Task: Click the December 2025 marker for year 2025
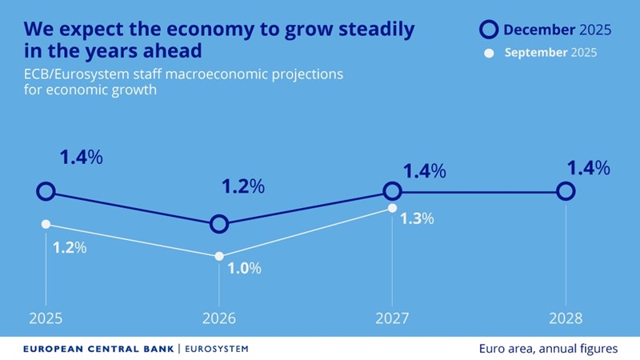click(46, 191)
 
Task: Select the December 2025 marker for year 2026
click(219, 224)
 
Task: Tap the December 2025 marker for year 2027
click(392, 191)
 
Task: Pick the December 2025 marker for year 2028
click(566, 191)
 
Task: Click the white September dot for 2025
click(46, 224)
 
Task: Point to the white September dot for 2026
click(219, 257)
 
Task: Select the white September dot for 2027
click(392, 208)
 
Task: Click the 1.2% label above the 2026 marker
click(242, 187)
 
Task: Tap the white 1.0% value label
click(245, 269)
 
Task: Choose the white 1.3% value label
click(417, 218)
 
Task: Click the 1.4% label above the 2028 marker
click(588, 168)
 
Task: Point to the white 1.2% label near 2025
click(70, 247)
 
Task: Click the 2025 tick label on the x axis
click(46, 318)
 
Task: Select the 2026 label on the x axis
click(219, 318)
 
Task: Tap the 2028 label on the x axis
click(566, 318)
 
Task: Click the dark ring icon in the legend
click(488, 30)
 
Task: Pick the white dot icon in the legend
click(488, 54)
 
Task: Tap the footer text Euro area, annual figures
click(548, 349)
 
